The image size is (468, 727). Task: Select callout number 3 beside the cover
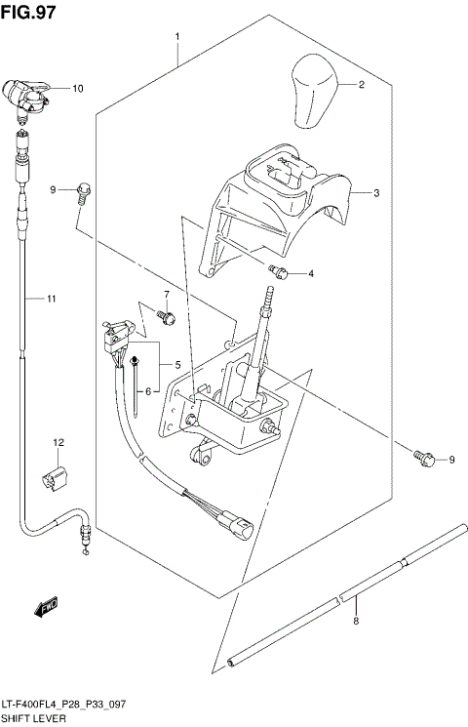375,193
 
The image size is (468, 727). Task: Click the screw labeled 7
167,316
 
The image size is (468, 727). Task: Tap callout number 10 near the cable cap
78,89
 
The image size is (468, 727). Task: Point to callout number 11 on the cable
53,298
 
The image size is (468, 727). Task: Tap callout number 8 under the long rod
356,622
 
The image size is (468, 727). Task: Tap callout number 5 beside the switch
177,364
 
